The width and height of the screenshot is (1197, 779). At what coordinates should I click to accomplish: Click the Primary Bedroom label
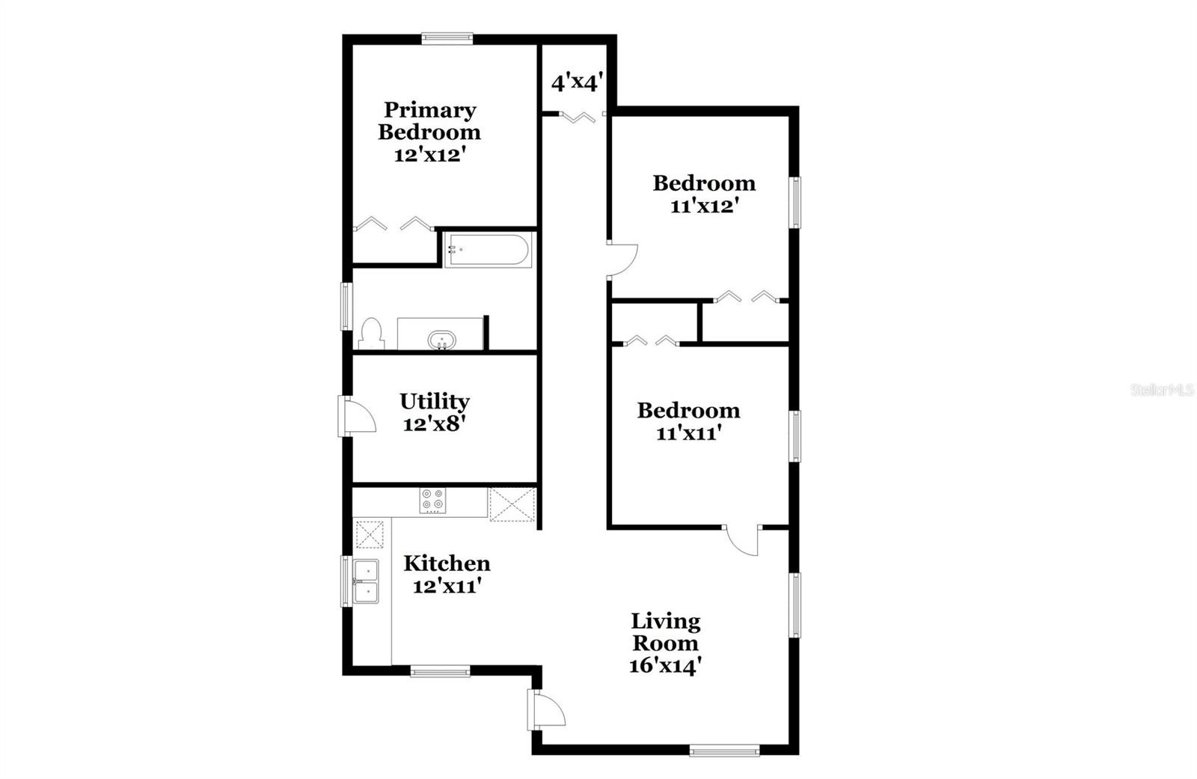pyautogui.click(x=429, y=120)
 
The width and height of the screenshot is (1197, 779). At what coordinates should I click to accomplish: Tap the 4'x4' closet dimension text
pyautogui.click(x=577, y=83)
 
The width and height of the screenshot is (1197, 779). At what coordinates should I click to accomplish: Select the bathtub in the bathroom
pyautogui.click(x=489, y=250)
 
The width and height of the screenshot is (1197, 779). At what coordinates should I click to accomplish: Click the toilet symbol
pyautogui.click(x=371, y=333)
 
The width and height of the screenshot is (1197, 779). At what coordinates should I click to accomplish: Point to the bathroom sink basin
pyautogui.click(x=442, y=340)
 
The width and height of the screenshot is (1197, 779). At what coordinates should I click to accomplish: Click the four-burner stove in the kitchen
pyautogui.click(x=432, y=501)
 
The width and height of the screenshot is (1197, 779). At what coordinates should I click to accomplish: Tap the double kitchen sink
pyautogui.click(x=366, y=581)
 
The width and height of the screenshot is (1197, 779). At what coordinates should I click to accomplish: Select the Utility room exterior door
pyautogui.click(x=356, y=417)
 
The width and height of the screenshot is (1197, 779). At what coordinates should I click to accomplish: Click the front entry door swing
pyautogui.click(x=546, y=709)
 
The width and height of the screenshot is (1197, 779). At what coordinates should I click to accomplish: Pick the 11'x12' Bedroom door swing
pyautogui.click(x=622, y=260)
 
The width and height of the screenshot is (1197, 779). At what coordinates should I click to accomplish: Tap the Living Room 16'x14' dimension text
pyautogui.click(x=665, y=666)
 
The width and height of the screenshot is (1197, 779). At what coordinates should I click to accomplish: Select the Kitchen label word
pyautogui.click(x=447, y=563)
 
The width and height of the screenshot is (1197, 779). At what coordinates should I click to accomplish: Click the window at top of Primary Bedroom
pyautogui.click(x=447, y=38)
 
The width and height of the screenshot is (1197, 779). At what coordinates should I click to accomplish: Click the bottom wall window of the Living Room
pyautogui.click(x=725, y=751)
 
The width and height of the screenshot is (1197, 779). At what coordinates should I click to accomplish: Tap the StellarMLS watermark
pyautogui.click(x=1163, y=390)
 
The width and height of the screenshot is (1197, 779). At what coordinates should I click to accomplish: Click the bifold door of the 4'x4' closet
pyautogui.click(x=577, y=117)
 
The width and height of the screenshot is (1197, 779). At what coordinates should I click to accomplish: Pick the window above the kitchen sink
pyautogui.click(x=346, y=581)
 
